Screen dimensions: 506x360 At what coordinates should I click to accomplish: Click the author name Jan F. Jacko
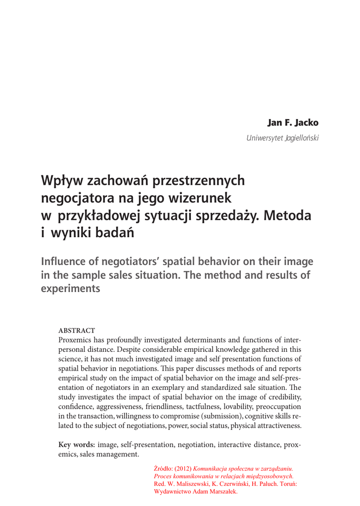(x=293, y=122)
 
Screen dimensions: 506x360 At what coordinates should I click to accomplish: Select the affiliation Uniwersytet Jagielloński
(x=279, y=137)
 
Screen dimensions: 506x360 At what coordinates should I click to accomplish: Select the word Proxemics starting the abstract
(x=77, y=340)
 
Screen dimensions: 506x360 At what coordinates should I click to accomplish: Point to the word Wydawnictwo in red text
(x=173, y=492)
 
